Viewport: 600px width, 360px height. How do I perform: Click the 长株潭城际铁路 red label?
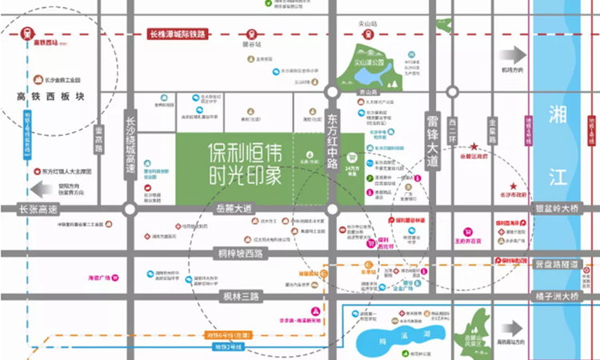178,35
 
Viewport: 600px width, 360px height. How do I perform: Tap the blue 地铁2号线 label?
228,346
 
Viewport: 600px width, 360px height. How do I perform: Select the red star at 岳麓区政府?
474,147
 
